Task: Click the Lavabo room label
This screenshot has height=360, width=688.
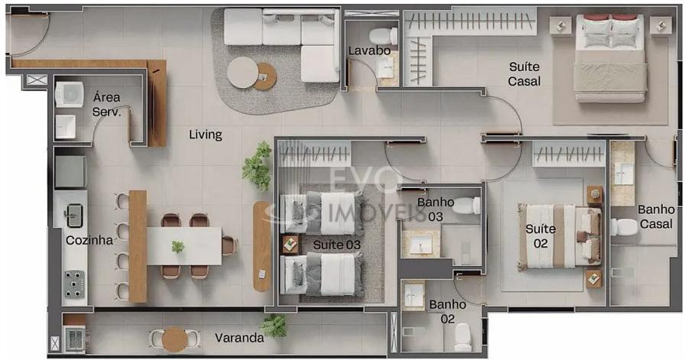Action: coord(369,51)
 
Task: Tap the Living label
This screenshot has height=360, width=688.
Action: coord(206,135)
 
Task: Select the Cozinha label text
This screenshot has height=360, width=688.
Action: coord(89,240)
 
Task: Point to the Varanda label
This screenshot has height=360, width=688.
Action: coord(239,338)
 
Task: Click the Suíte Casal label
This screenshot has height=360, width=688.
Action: coord(524,73)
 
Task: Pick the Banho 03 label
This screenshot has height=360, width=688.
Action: coord(435,209)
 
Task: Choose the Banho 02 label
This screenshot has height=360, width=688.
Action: coord(447,311)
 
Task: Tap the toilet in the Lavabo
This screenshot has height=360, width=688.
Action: coord(383,36)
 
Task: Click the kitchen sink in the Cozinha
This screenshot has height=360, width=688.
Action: coord(74,216)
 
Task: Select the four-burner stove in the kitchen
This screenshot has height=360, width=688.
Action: coord(74,284)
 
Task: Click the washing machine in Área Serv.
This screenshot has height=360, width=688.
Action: coord(70,94)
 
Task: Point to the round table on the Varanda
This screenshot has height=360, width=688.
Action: coord(174,339)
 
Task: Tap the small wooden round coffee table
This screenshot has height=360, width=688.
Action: coord(265,76)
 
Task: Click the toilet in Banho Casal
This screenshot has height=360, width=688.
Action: coord(624,227)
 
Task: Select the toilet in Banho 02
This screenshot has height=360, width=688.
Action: coord(462,337)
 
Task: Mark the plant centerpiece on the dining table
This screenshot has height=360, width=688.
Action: coord(177,247)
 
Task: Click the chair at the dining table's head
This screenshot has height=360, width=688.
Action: coord(230,246)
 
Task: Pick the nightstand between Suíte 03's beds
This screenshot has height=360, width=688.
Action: coord(290,245)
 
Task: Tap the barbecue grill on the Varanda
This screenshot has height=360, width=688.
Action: coord(76,339)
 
